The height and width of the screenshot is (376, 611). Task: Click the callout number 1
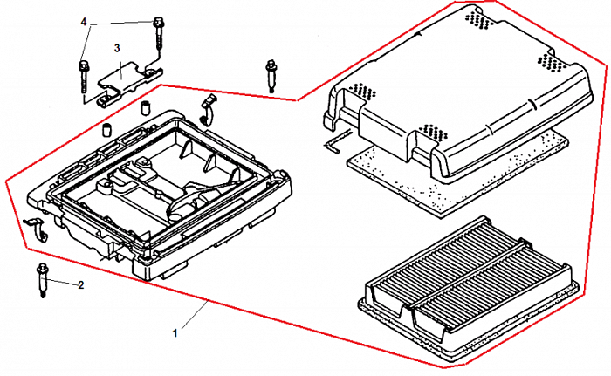coord(175,332)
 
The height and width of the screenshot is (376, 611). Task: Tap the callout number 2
coord(81,285)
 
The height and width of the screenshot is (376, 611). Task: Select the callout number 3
coord(116,49)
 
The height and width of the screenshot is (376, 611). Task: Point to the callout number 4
coord(84,21)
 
